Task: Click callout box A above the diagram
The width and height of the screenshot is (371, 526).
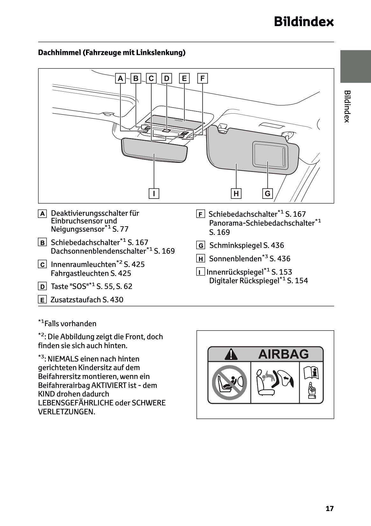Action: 120,78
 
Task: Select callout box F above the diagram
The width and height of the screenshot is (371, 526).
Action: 203,78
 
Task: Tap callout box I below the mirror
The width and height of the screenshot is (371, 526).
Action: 154,193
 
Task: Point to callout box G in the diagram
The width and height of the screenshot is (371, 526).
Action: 268,193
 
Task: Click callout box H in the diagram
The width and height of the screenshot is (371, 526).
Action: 236,193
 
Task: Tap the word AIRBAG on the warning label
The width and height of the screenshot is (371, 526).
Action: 283,354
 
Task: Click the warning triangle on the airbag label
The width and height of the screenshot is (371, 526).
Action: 231,354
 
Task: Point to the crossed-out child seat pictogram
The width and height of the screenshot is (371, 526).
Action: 229,382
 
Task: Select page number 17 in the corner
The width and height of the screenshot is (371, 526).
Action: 330,508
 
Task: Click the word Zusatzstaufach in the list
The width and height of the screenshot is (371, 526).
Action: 75,300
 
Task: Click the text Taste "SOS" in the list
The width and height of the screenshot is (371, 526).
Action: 70,286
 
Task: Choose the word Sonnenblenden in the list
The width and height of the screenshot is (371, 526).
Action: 235,259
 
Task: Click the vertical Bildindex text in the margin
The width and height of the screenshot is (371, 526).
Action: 347,106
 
